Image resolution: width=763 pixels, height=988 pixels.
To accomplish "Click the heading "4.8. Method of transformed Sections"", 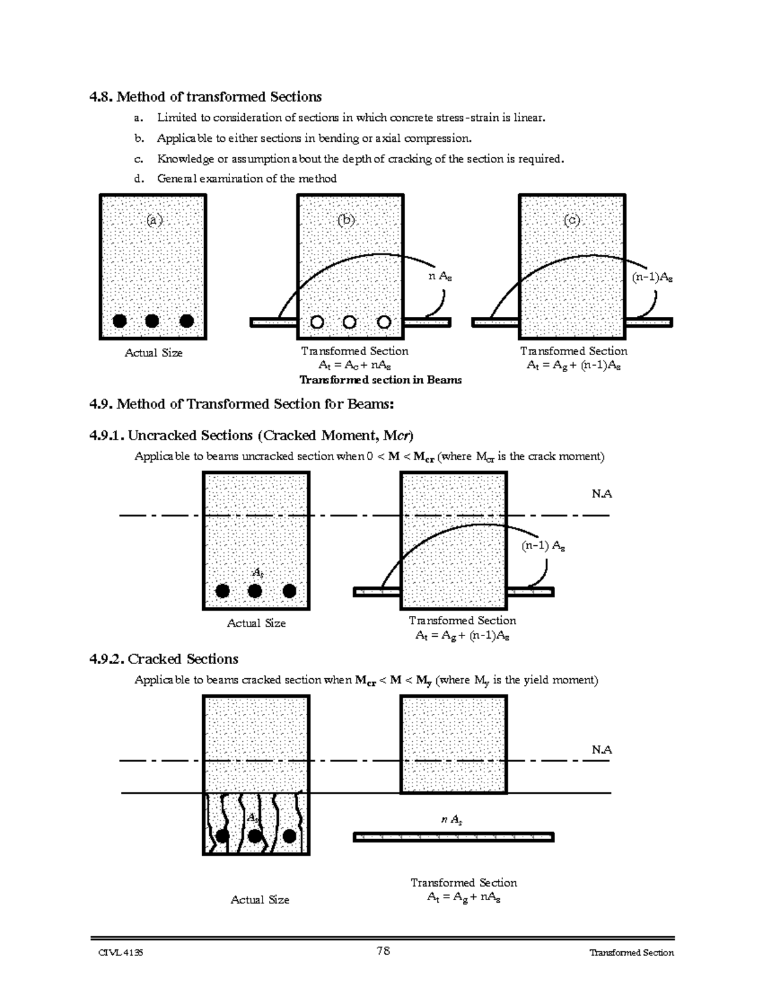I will tap(205, 97).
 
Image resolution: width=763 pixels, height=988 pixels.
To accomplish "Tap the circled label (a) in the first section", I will tap(155, 220).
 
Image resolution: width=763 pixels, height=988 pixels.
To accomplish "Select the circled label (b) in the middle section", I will tap(347, 220).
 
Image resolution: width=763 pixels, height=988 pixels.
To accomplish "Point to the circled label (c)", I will tap(572, 220).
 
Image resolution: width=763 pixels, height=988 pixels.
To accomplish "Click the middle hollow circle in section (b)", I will tap(349, 322).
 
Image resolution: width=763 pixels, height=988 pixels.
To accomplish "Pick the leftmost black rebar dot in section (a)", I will tap(119, 321).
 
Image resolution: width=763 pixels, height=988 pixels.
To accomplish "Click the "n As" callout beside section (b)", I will tap(441, 276).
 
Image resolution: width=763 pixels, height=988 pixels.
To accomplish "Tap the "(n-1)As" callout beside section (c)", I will tap(652, 277).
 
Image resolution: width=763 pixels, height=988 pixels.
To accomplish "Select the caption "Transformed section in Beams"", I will tap(380, 380).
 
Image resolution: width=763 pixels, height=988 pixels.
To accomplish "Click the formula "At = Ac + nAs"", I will tap(355, 365).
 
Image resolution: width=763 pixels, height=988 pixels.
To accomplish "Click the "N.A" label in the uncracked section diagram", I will tap(601, 494).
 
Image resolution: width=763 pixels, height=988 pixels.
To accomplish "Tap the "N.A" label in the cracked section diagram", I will tap(601, 749).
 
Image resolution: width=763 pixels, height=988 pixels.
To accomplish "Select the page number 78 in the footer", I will tap(383, 951).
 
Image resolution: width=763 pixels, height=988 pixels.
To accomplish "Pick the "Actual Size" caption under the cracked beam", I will tap(259, 900).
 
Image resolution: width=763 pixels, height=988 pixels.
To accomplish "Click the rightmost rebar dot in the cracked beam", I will tap(290, 836).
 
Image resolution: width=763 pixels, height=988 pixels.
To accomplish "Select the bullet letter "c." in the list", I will tap(139, 158).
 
